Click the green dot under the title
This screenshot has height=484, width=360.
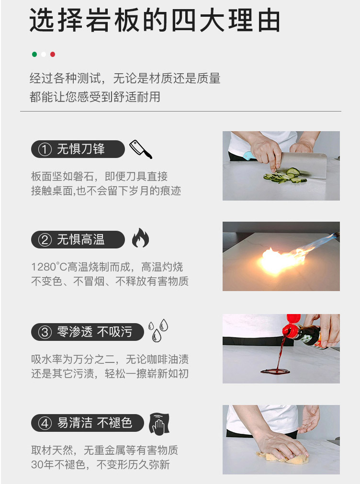pyautogui.click(x=34, y=54)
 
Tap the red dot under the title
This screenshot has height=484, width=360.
pyautogui.click(x=53, y=54)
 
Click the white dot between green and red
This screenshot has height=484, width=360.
pyautogui.click(x=44, y=54)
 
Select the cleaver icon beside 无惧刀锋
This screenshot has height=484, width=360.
pyautogui.click(x=141, y=149)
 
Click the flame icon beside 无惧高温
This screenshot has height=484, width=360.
pyautogui.click(x=140, y=237)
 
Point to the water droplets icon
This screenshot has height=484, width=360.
pyautogui.click(x=158, y=330)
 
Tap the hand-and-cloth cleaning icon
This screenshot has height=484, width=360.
pyautogui.click(x=159, y=424)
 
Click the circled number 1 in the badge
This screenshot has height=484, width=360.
pyautogui.click(x=45, y=149)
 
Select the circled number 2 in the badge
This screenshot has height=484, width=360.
pyautogui.click(x=45, y=240)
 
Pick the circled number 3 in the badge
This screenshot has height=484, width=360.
pyautogui.click(x=45, y=332)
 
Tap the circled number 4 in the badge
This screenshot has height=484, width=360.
pyautogui.click(x=45, y=423)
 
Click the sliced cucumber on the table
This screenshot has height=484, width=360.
pyautogui.click(x=285, y=176)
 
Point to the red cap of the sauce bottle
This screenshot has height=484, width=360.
pyautogui.click(x=292, y=325)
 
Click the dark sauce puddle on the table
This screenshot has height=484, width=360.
pyautogui.click(x=275, y=371)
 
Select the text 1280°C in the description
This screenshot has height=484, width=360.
pyautogui.click(x=49, y=267)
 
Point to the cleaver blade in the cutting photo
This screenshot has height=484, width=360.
pyautogui.click(x=304, y=165)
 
